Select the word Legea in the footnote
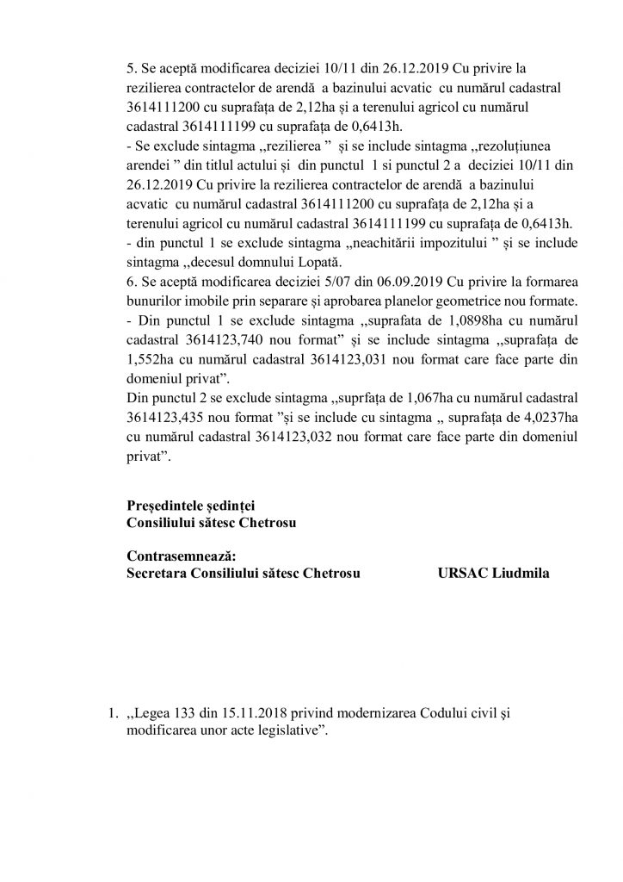click(153, 714)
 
